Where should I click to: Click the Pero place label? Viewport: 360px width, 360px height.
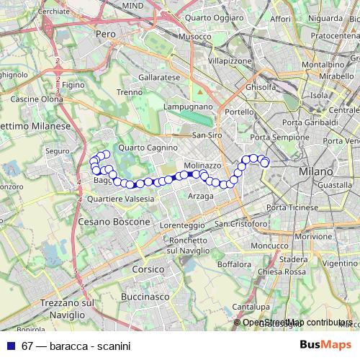coord(106,34)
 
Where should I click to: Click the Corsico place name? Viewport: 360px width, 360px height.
coord(149,269)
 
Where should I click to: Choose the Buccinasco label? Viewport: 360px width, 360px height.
coord(145,297)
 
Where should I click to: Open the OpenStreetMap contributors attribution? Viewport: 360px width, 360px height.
coord(297,323)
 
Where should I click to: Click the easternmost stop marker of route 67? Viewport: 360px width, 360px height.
coord(265,163)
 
